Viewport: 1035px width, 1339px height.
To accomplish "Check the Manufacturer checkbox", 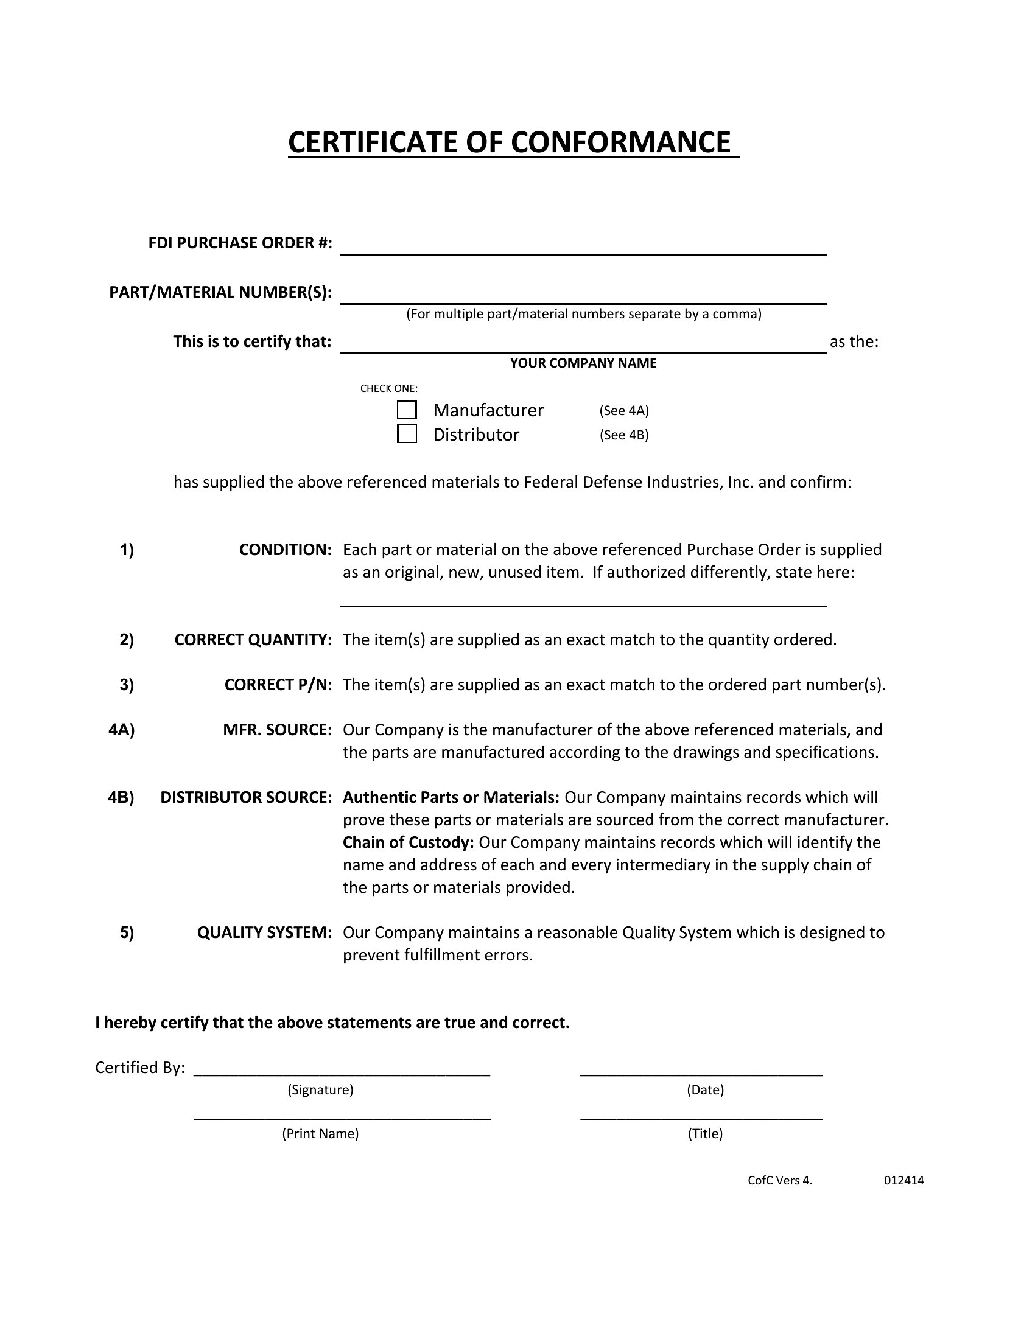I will [407, 410].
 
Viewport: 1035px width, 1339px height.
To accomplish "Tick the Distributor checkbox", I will [407, 434].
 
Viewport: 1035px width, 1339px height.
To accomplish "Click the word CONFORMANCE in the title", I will [620, 142].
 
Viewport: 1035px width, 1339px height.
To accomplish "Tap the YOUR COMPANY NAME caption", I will [583, 363].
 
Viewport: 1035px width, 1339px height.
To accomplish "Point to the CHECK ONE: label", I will [389, 388].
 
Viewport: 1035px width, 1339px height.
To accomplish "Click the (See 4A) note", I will [623, 410].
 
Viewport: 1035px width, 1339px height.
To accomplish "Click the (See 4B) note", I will [623, 435].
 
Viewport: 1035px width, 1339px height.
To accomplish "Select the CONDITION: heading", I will [285, 550].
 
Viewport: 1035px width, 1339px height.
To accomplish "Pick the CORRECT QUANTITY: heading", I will [253, 640].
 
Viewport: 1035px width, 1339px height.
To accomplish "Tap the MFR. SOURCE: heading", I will [277, 730].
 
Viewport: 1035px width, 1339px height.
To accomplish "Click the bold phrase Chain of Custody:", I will [408, 842].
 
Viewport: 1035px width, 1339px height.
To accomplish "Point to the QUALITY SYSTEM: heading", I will [264, 932].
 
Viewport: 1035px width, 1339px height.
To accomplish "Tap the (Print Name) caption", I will [320, 1134].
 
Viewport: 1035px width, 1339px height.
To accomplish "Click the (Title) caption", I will [705, 1134].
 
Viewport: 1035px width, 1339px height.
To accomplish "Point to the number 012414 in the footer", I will [903, 1180].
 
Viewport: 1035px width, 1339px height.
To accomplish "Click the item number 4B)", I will [121, 797].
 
